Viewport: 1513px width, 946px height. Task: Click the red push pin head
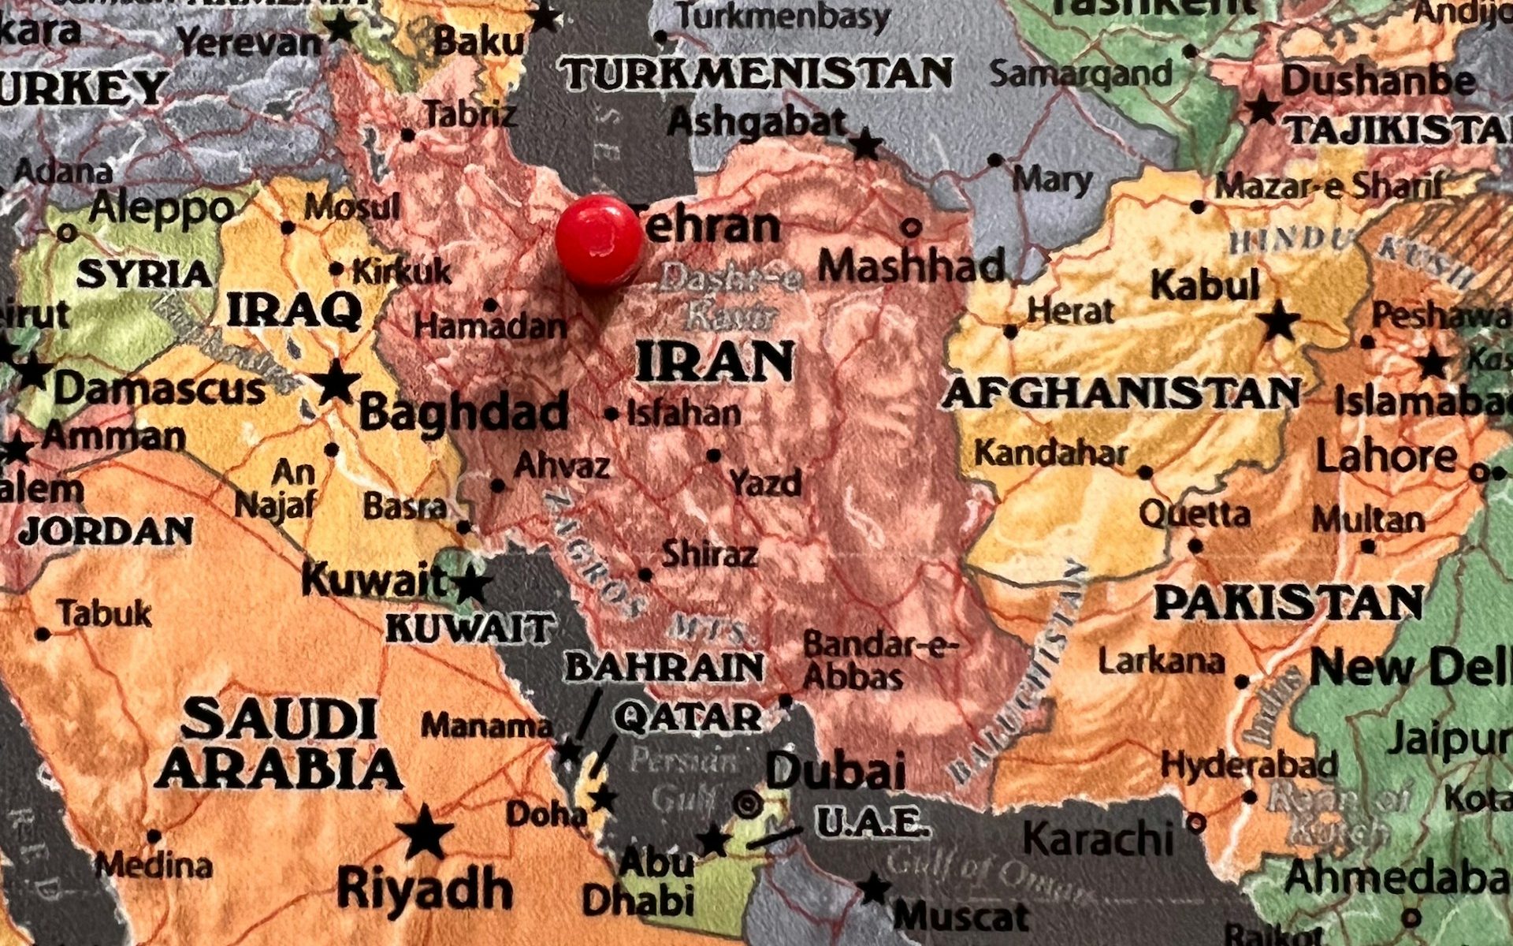point(599,240)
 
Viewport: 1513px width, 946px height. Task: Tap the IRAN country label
point(714,362)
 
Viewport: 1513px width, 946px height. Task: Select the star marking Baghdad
point(336,382)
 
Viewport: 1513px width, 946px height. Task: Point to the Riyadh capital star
point(426,832)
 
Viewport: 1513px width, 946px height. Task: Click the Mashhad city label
point(912,266)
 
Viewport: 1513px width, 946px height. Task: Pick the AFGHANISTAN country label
point(1121,393)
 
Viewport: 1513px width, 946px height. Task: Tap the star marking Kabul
point(1277,322)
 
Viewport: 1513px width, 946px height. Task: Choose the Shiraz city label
point(709,553)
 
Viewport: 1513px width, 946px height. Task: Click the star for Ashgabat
point(867,145)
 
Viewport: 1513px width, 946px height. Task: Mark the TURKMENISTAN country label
point(756,73)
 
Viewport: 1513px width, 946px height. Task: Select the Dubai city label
point(835,770)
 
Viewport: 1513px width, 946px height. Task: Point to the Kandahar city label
point(1051,453)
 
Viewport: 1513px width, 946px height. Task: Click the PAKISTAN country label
point(1288,603)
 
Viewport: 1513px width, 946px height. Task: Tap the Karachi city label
point(1099,837)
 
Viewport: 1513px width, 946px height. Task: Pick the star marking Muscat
point(874,888)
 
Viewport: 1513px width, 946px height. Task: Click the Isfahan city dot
point(612,414)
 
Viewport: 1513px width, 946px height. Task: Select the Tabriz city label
point(471,116)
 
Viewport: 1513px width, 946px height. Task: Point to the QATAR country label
point(688,717)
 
